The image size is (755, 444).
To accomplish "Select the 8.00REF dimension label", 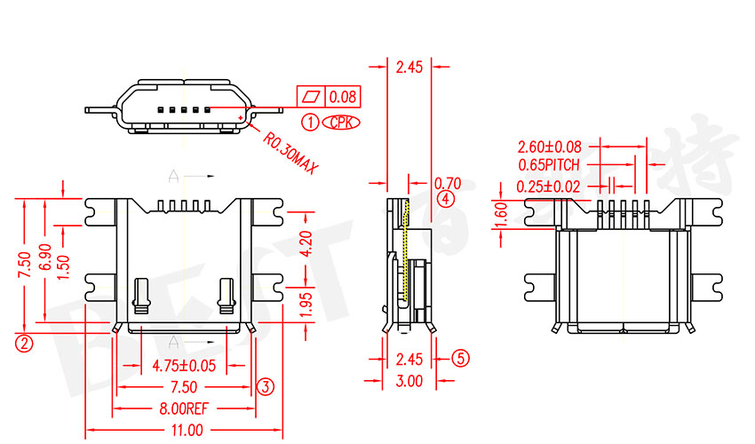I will (184, 409).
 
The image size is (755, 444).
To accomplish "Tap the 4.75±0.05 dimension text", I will (184, 364).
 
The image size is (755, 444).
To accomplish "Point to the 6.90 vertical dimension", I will (45, 258).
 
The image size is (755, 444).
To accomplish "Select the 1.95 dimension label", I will (305, 304).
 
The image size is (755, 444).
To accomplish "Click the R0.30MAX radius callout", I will (290, 152).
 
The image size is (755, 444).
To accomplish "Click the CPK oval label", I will (340, 123).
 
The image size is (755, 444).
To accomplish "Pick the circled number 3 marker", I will (265, 386).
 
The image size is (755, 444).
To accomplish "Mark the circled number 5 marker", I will (459, 359).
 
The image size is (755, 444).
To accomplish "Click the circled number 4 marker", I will (446, 198).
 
